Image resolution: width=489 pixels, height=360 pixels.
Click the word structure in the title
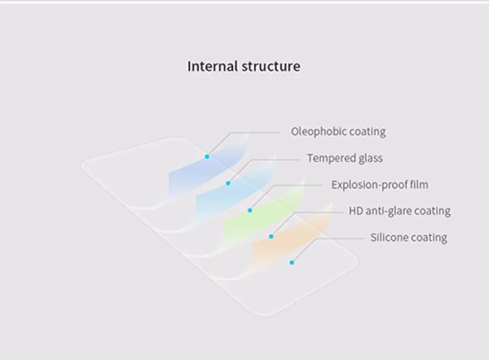pos(271,66)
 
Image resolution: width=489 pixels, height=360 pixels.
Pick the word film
pos(419,185)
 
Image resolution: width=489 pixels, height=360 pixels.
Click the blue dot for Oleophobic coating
pos(207,157)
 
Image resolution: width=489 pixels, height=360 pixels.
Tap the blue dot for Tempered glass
pos(228,183)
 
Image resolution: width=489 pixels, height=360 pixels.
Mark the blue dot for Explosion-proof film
pos(250,211)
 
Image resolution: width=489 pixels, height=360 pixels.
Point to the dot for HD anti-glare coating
pos(271,236)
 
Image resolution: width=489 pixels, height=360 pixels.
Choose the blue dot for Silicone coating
pos(291,263)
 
